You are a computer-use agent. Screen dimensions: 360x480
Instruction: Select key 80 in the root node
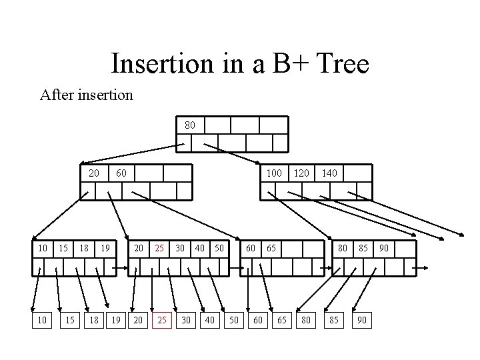[190, 125]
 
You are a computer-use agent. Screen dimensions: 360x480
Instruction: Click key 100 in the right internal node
[275, 173]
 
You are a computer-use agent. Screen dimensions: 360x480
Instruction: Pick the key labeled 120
[302, 173]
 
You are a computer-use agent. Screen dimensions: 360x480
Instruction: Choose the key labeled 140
[329, 173]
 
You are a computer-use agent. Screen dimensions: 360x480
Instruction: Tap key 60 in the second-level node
[121, 173]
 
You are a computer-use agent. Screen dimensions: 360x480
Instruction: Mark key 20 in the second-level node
[94, 173]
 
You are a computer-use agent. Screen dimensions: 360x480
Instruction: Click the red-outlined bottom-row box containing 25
[161, 321]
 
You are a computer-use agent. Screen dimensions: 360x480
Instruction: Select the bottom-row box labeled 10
[42, 321]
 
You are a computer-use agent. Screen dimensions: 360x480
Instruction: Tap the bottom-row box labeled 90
[362, 321]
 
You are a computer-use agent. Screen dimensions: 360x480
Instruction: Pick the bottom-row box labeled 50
[233, 321]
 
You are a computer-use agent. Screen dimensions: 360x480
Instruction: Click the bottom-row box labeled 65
[282, 321]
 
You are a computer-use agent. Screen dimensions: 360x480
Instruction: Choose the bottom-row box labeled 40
[209, 321]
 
